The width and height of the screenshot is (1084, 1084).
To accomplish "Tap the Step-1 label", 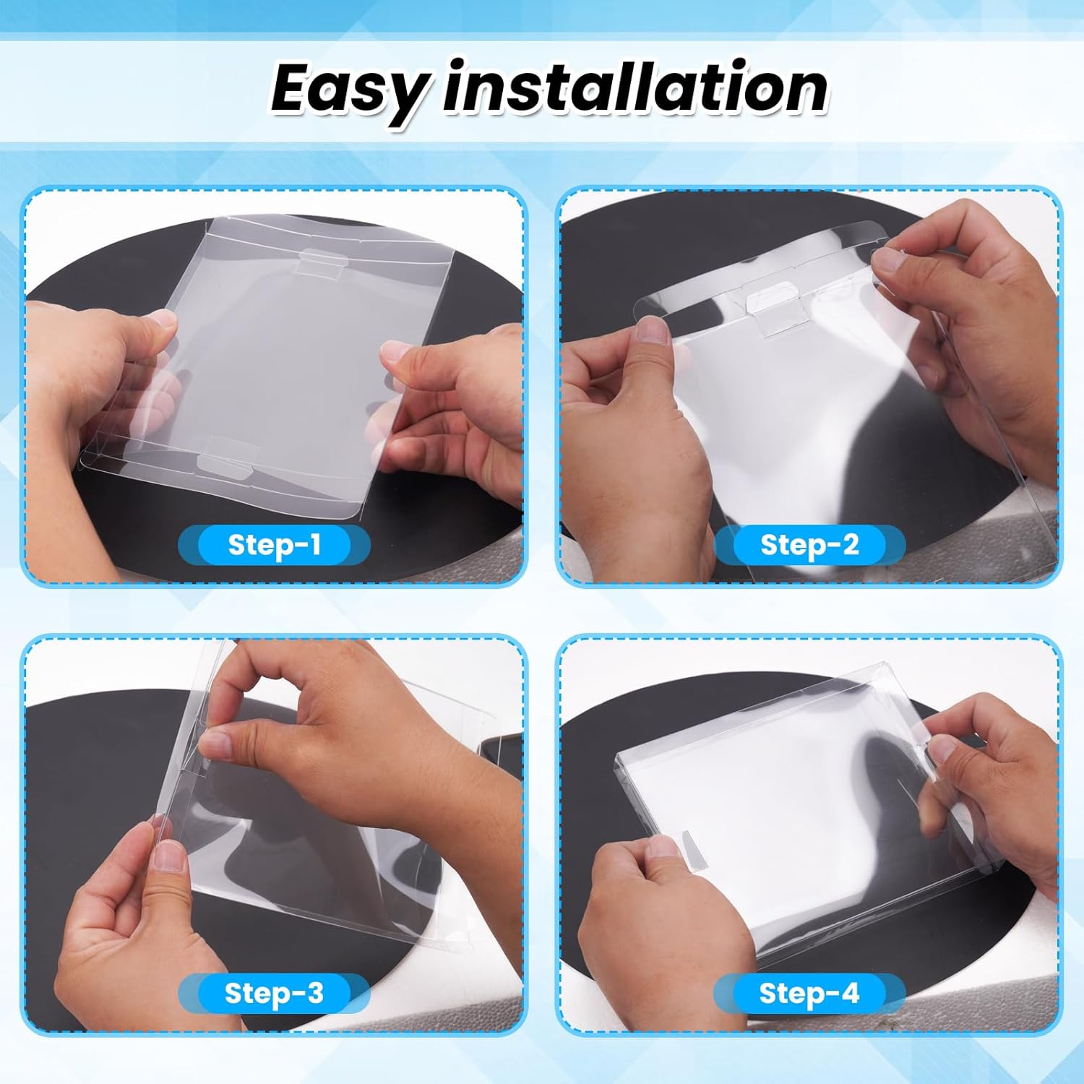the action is (x=274, y=544).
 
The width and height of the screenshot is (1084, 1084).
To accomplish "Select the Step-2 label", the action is (x=809, y=544).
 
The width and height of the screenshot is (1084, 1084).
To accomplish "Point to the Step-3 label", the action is (x=274, y=993).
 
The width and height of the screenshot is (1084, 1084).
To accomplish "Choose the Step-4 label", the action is (x=809, y=993).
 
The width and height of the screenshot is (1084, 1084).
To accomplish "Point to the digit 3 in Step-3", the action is (x=314, y=994).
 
